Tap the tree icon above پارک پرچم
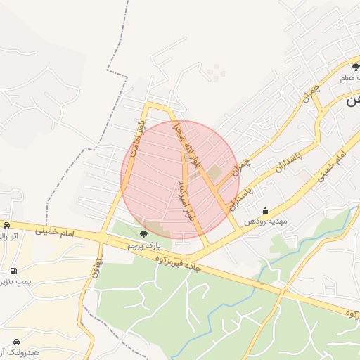click(x=144, y=234)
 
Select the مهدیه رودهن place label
click(x=266, y=221)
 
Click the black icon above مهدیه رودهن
click(x=265, y=210)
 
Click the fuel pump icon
click(x=13, y=271)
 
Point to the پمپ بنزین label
click(x=15, y=283)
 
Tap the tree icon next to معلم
click(x=356, y=67)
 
